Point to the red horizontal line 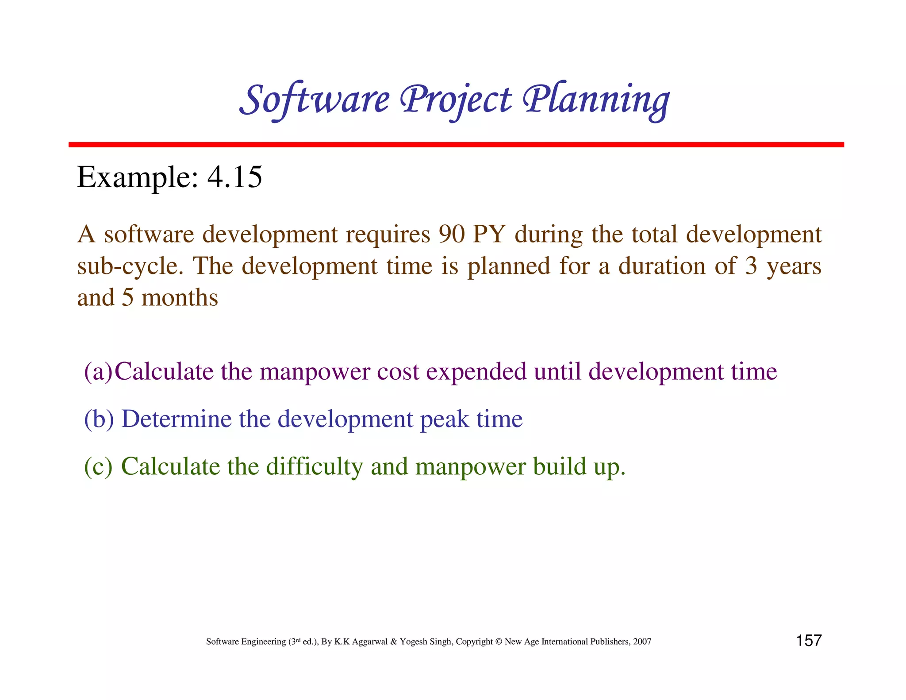coord(456,145)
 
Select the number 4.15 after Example coord(234,177)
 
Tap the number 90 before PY coord(451,234)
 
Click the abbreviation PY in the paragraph coord(489,234)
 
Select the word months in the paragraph coord(180,297)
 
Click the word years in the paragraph coord(794,266)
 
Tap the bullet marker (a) coord(99,371)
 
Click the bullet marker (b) coord(99,419)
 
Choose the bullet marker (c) coord(98,466)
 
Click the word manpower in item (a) coord(315,371)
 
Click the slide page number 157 coord(809,640)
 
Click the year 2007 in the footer coord(642,642)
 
